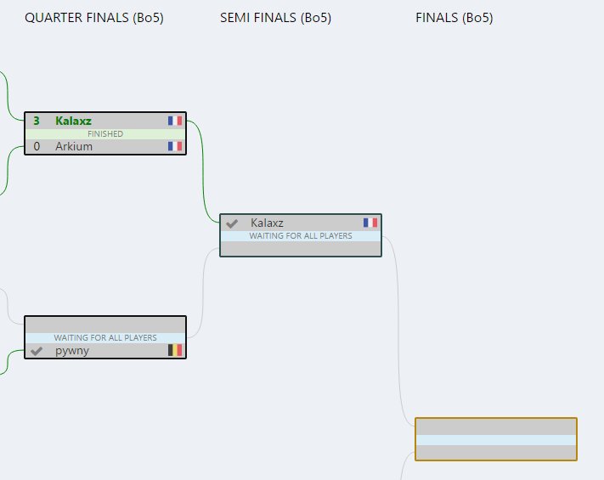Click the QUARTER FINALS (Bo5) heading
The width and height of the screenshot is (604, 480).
coord(94,18)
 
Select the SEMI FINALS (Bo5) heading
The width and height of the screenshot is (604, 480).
coord(275,18)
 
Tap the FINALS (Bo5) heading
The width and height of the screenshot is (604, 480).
coord(454,18)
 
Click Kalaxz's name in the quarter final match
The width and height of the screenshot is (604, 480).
coord(73,121)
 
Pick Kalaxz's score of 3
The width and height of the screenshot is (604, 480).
coord(36,121)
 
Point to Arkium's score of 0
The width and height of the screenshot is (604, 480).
coord(36,146)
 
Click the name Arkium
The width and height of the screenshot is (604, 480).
coord(74,146)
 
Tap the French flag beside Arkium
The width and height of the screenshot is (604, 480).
coord(175,146)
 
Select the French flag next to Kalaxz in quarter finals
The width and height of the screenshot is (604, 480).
coord(175,121)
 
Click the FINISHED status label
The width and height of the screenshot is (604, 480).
coord(105,133)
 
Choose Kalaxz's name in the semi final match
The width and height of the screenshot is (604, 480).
coord(267,223)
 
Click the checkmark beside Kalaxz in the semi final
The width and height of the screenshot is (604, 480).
coord(232,223)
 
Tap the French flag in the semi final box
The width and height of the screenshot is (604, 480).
coord(370,223)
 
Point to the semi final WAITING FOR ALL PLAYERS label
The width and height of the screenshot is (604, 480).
coord(301,235)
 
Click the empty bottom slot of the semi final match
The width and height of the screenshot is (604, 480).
coord(301,248)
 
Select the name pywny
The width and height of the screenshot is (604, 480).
coord(72,350)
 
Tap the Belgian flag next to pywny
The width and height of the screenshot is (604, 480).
coord(175,350)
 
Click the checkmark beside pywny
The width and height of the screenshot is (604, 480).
coord(37,351)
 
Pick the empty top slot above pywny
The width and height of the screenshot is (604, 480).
coord(105,325)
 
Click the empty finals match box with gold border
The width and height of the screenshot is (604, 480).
coord(495,438)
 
